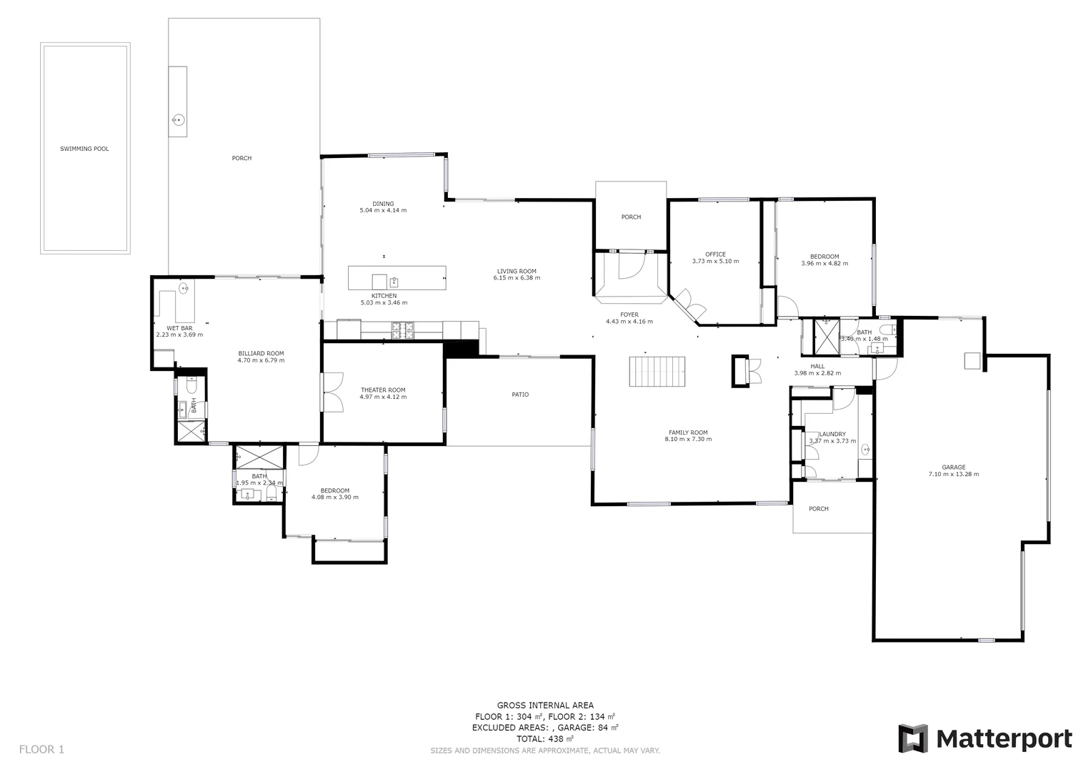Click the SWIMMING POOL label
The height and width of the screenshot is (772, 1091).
pyautogui.click(x=84, y=149)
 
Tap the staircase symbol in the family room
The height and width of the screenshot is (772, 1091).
pyautogui.click(x=657, y=372)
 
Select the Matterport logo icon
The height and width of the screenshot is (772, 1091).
pyautogui.click(x=912, y=738)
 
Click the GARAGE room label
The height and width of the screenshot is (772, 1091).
pyautogui.click(x=953, y=467)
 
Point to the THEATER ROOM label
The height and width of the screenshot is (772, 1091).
pyautogui.click(x=383, y=390)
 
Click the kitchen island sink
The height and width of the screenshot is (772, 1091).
pyautogui.click(x=394, y=281)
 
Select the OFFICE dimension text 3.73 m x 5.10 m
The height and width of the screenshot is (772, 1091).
pyautogui.click(x=715, y=262)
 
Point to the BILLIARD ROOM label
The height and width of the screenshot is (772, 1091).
pyautogui.click(x=261, y=353)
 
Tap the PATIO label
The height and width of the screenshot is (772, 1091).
pyautogui.click(x=520, y=395)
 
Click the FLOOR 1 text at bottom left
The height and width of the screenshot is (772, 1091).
pyautogui.click(x=41, y=750)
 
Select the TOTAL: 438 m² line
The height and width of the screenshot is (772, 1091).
pyautogui.click(x=544, y=739)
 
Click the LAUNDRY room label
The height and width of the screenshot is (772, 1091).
pyautogui.click(x=832, y=434)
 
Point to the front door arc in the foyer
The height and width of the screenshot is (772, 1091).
pyautogui.click(x=629, y=267)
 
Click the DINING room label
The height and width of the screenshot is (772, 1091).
pyautogui.click(x=383, y=204)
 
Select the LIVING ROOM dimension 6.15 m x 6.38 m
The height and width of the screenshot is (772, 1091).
pyautogui.click(x=517, y=278)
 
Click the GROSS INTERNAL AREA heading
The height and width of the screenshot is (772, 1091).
pyautogui.click(x=545, y=706)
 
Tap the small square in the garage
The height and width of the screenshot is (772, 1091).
pyautogui.click(x=971, y=361)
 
